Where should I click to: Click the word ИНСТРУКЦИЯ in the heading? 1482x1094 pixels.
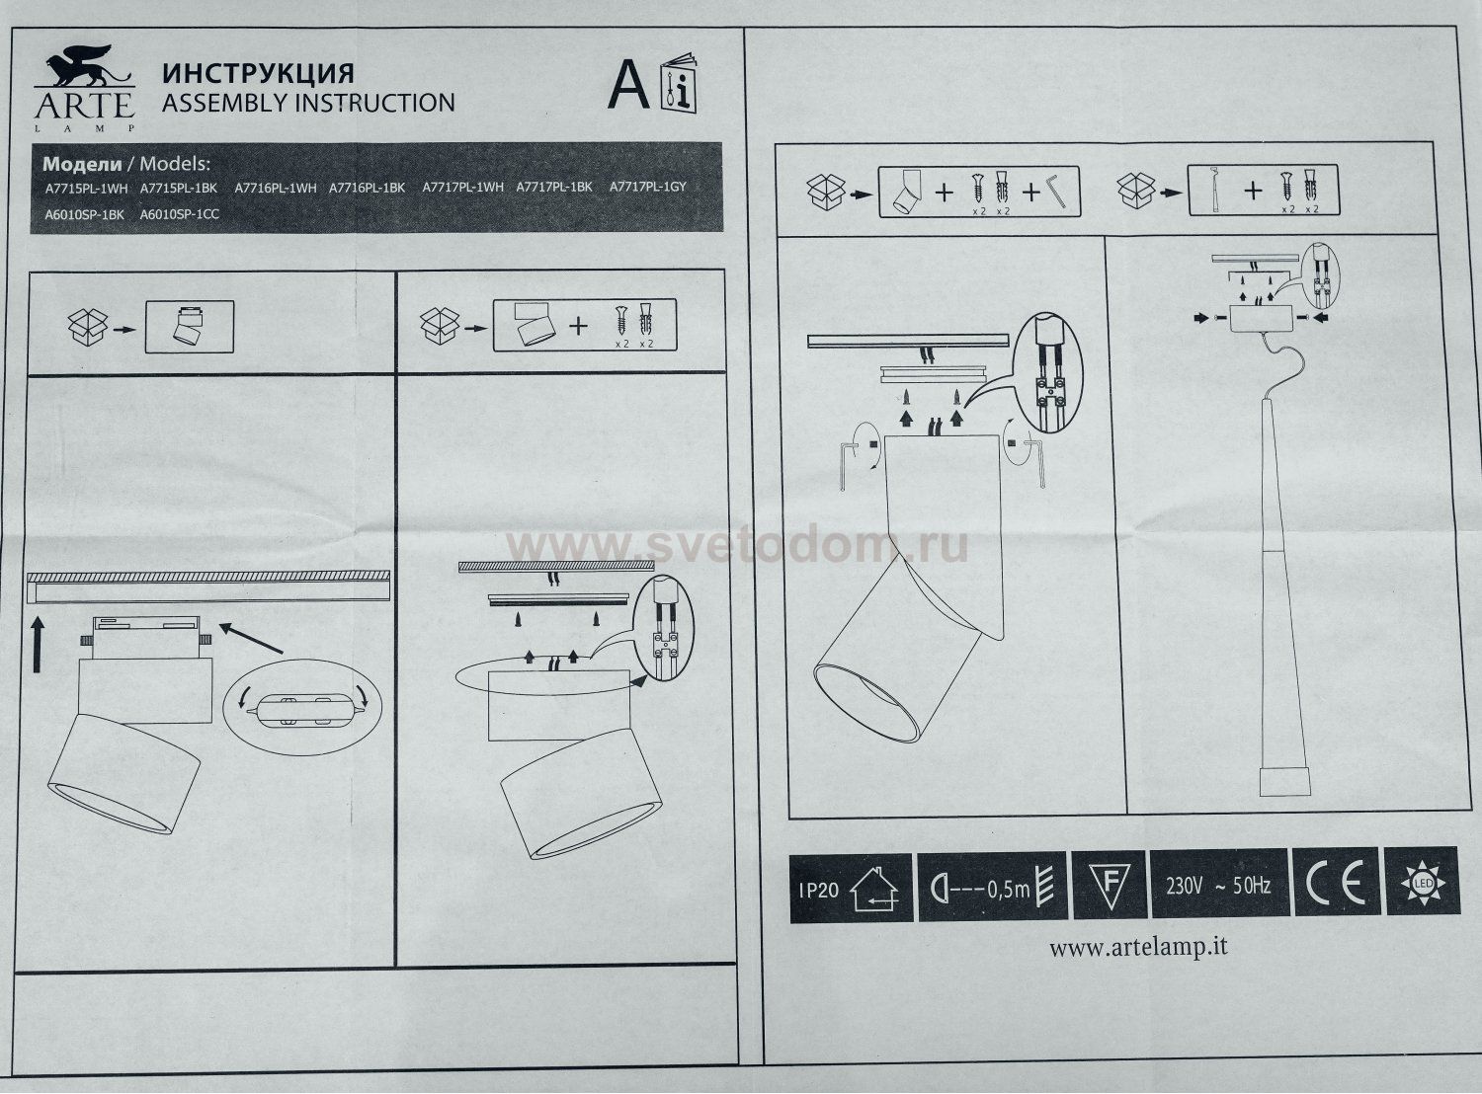click(257, 74)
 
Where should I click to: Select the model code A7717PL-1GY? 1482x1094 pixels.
click(647, 187)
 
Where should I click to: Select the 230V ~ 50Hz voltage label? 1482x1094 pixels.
click(1218, 886)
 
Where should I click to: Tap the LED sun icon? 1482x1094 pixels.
click(1422, 880)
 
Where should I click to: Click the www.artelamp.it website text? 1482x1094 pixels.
click(1138, 948)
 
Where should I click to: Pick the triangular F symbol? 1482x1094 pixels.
click(1108, 881)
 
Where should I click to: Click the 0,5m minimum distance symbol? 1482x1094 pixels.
click(991, 888)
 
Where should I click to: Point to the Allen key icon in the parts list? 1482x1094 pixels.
click(1059, 190)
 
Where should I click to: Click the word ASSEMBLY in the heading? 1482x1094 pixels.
click(223, 103)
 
